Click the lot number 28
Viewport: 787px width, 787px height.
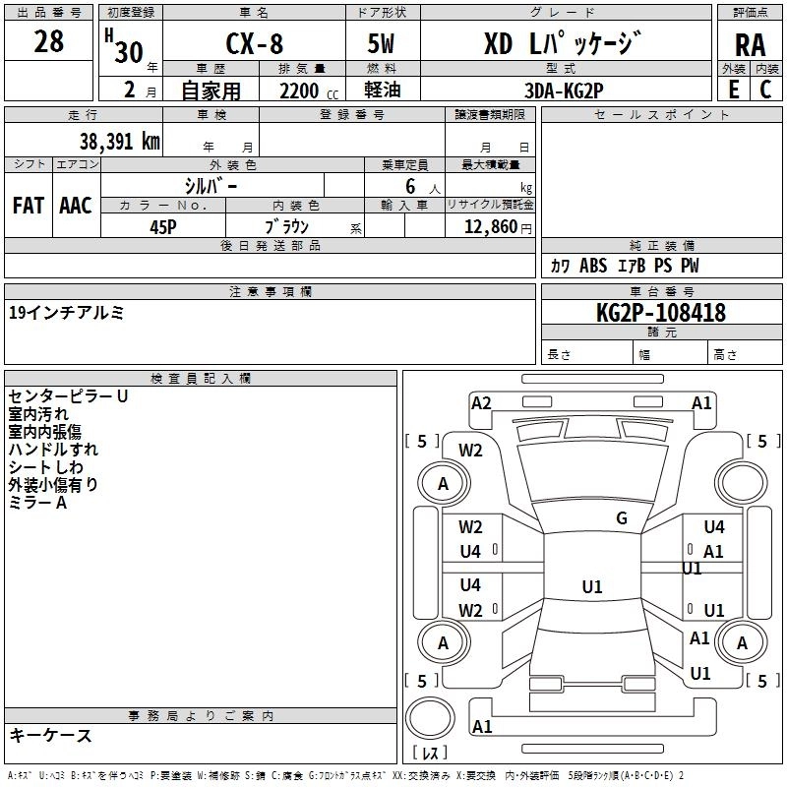49,41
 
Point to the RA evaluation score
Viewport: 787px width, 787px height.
750,45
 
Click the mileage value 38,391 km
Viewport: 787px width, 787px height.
119,141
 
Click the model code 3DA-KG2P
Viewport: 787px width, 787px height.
565,91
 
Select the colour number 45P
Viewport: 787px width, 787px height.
163,225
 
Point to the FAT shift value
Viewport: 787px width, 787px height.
28,205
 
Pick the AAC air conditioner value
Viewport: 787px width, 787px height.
76,205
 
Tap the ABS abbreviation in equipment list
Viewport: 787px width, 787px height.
593,266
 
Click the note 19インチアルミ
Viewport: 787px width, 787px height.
66,313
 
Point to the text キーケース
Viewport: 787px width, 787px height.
51,736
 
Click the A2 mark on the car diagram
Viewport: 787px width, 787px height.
481,402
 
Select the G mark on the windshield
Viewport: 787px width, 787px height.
621,518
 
